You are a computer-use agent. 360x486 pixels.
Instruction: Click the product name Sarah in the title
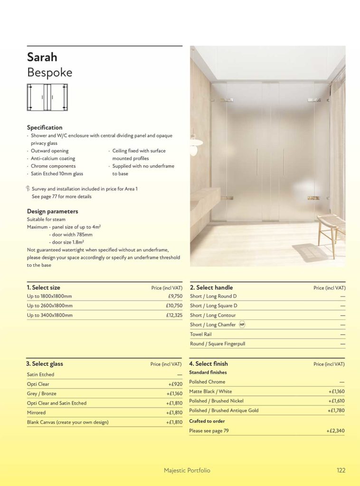pyautogui.click(x=42, y=57)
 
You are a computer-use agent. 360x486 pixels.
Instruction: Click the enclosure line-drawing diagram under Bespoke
pyautogui.click(x=47, y=97)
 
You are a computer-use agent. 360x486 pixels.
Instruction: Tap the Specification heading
pyautogui.click(x=45, y=127)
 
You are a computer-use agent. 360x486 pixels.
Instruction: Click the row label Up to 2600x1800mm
pyautogui.click(x=50, y=306)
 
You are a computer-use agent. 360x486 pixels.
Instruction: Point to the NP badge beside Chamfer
pyautogui.click(x=242, y=325)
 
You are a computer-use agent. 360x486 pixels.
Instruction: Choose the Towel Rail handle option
pyautogui.click(x=201, y=334)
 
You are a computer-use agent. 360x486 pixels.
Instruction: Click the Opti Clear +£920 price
pyautogui.click(x=175, y=384)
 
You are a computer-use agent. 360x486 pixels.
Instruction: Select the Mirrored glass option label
pyautogui.click(x=37, y=412)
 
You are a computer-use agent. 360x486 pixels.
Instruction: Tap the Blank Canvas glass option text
pyautogui.click(x=68, y=422)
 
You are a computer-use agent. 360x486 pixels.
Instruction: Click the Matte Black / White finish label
pyautogui.click(x=210, y=392)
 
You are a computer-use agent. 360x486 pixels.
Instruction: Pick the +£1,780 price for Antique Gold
pyautogui.click(x=336, y=411)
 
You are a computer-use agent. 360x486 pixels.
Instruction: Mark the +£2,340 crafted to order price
pyautogui.click(x=335, y=431)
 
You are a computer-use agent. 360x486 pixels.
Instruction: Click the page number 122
pyautogui.click(x=341, y=470)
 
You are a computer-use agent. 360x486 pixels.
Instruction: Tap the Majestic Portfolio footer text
pyautogui.click(x=187, y=470)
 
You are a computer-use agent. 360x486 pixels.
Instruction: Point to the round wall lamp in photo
pyautogui.click(x=195, y=142)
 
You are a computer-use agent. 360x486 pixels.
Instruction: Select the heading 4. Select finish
pyautogui.click(x=208, y=364)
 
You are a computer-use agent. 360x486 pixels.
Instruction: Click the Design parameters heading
pyautogui.click(x=53, y=211)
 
